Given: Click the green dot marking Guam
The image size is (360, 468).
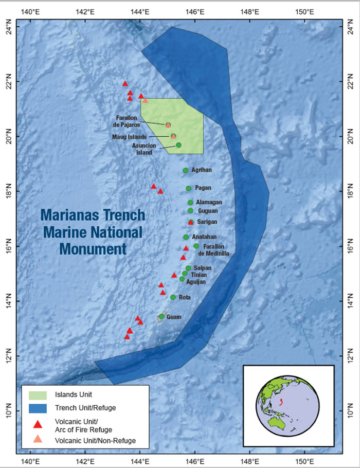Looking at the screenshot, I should (x=161, y=317).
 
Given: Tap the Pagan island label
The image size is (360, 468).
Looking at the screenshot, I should (x=203, y=188).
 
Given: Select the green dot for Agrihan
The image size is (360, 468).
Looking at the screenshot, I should (x=185, y=170).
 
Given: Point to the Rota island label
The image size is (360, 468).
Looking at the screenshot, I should (x=185, y=297).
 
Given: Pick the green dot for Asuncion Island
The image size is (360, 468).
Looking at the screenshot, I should (x=178, y=145).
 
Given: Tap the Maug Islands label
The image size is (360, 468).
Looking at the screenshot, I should (x=130, y=137).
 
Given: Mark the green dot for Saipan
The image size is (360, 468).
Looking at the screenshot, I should (x=188, y=268).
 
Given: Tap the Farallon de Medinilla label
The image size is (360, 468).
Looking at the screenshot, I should (x=211, y=250).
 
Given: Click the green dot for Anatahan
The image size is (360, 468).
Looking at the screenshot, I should (x=186, y=237).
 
